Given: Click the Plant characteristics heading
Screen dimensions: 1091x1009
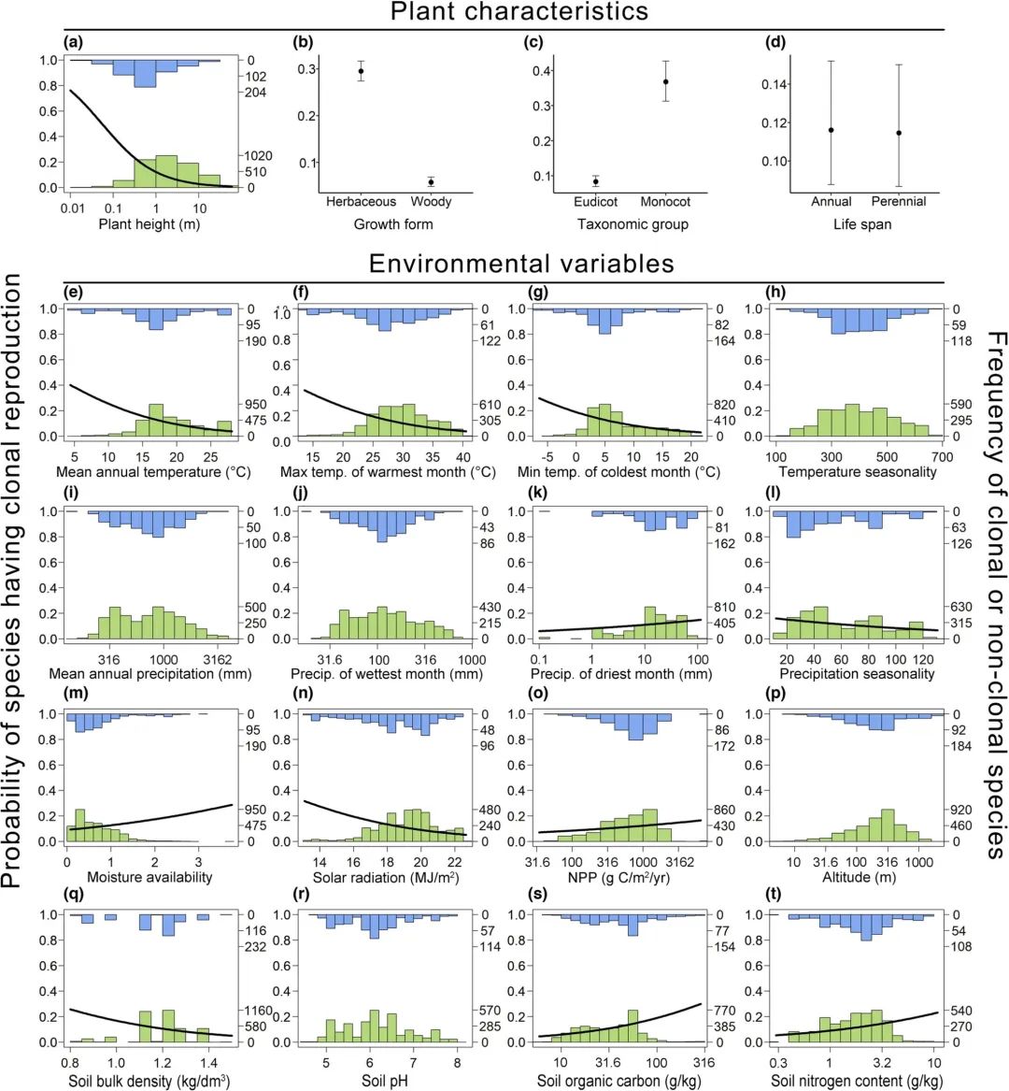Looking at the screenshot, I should [519, 12].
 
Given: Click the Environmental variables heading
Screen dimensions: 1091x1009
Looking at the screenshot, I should [521, 264].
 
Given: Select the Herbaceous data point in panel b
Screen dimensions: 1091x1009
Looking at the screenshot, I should [361, 71].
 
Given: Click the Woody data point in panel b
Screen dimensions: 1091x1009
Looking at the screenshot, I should [431, 181].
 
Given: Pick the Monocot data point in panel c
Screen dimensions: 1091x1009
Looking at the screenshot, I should [666, 81].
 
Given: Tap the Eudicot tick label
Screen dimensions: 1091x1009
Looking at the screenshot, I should [596, 202].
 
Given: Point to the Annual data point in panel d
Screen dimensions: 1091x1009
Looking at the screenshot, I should [831, 130].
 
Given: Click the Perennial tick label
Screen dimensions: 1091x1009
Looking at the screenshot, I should [898, 202].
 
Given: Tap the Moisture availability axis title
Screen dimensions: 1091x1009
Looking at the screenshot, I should [149, 878].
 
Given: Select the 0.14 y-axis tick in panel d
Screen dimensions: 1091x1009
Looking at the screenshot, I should [775, 84].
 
